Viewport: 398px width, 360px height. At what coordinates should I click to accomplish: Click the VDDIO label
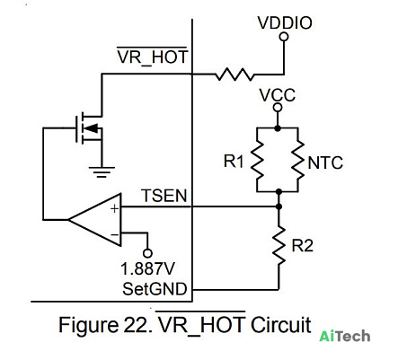click(285, 22)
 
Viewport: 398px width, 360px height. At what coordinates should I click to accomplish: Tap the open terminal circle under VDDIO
click(284, 37)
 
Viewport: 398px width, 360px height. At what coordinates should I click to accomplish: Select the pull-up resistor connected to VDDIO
click(234, 75)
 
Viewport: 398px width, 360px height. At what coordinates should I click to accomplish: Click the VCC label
click(278, 95)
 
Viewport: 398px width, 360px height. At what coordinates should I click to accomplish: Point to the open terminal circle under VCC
click(278, 108)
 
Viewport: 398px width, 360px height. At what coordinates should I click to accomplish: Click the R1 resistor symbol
click(257, 160)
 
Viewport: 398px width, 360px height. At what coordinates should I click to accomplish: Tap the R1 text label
click(234, 162)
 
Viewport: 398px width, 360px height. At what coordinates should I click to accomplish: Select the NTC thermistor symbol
click(297, 160)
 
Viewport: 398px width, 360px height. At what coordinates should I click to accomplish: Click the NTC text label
click(325, 163)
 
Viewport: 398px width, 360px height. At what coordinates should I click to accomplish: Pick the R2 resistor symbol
click(279, 245)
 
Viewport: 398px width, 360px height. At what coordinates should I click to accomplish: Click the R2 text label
click(303, 246)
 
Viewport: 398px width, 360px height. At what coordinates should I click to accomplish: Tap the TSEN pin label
click(164, 196)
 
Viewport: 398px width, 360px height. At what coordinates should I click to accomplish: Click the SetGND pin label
click(155, 289)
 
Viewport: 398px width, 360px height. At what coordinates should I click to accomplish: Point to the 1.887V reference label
click(148, 268)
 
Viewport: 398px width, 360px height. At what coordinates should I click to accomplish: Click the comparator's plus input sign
click(115, 208)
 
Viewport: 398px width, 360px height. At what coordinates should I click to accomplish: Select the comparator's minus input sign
click(115, 234)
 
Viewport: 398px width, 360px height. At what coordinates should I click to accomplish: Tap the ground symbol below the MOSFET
click(102, 171)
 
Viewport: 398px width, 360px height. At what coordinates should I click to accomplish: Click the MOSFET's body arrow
click(92, 128)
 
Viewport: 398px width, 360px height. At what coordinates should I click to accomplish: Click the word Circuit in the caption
click(281, 325)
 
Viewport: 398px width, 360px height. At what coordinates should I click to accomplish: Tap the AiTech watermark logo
click(345, 336)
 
